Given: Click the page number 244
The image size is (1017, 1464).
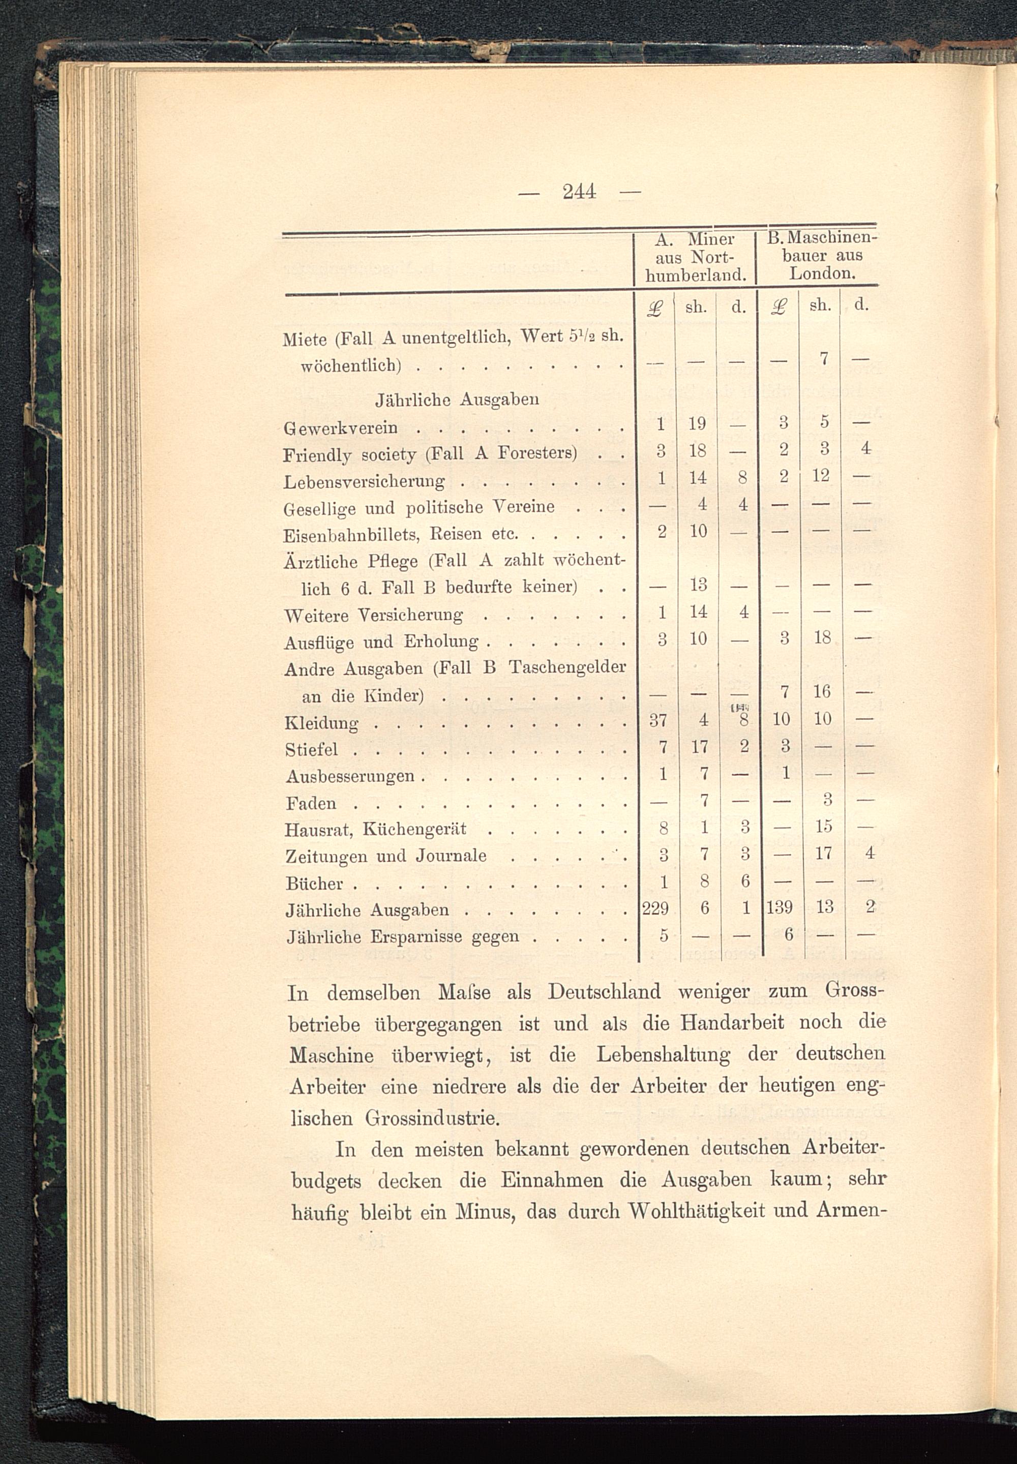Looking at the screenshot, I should (579, 191).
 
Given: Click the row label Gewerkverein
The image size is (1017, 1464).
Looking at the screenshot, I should (341, 428).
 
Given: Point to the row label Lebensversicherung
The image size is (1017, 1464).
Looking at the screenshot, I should (364, 481).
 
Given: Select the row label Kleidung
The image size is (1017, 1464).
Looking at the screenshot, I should (322, 723).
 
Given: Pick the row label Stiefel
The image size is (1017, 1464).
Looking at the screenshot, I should (312, 750).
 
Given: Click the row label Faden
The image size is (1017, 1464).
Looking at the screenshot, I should (311, 803).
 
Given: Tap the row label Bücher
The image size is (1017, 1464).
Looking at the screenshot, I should (315, 883).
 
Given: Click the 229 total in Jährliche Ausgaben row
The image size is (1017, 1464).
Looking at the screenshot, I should (655, 908).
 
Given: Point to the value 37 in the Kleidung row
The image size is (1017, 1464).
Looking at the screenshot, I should (657, 720).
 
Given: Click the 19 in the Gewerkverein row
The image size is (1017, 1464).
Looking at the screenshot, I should (698, 423).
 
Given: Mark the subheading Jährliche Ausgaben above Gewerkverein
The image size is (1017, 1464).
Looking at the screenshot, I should (457, 400).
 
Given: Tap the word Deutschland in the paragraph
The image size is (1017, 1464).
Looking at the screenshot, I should (604, 992).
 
